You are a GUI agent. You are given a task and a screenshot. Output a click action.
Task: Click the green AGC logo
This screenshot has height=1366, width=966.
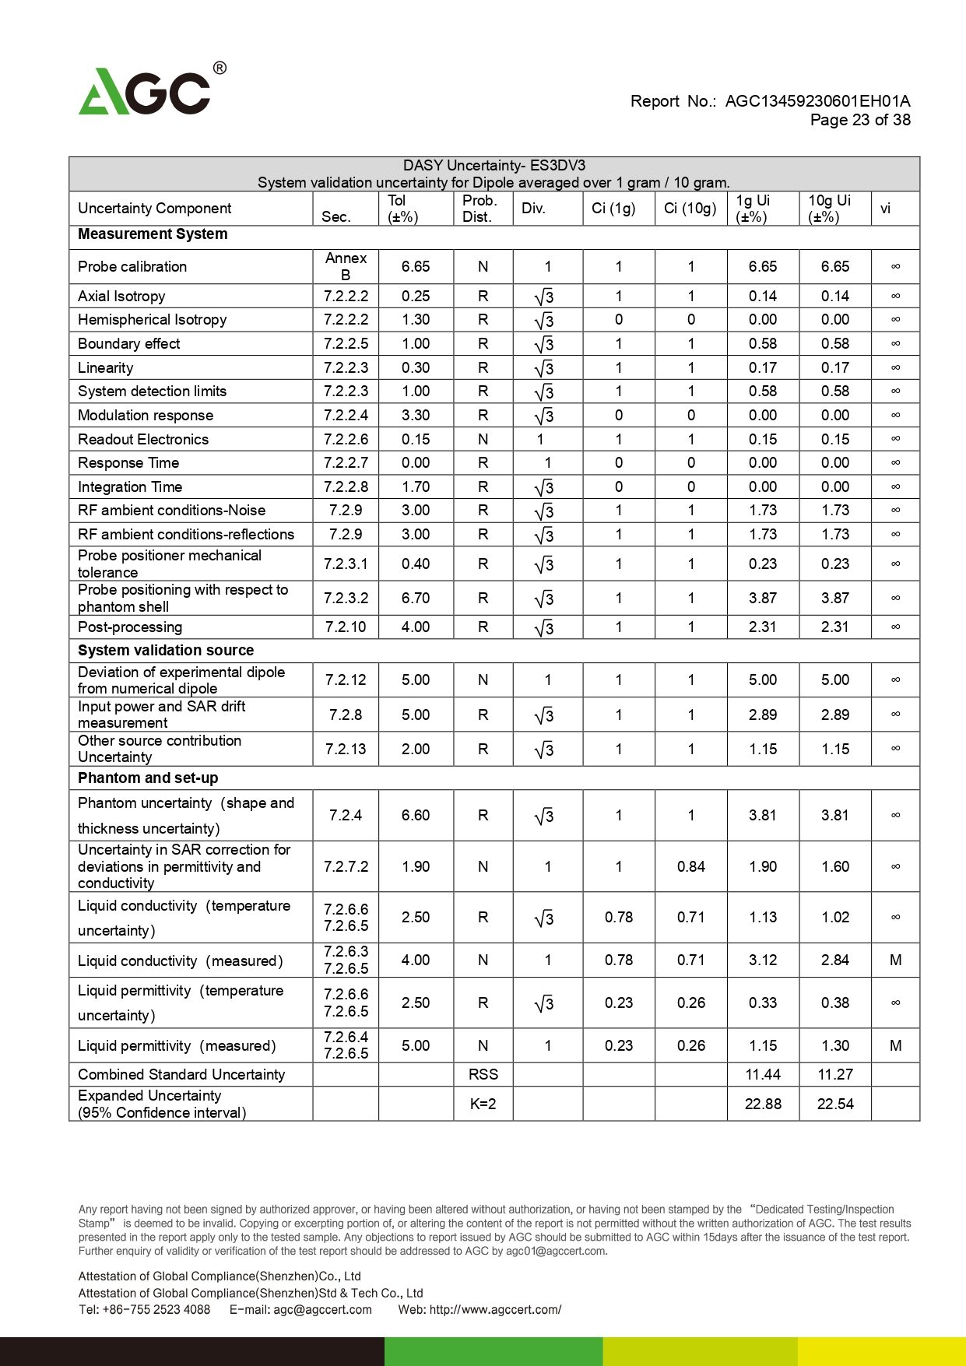point(145,92)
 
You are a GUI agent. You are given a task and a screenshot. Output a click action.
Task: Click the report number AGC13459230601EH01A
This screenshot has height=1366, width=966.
point(817,101)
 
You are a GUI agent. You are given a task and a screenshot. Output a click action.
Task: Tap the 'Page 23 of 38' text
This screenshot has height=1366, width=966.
point(859,120)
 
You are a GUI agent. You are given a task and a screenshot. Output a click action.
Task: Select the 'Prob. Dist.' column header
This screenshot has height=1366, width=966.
point(479,209)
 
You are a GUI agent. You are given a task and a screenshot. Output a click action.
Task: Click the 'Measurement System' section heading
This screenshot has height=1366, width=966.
point(153,234)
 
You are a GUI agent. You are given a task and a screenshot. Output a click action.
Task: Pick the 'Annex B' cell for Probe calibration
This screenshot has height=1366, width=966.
point(346,266)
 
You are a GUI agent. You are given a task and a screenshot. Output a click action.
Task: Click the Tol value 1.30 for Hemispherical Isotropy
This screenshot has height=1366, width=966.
point(416,320)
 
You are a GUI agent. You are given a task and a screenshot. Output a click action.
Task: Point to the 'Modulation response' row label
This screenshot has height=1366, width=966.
point(146,416)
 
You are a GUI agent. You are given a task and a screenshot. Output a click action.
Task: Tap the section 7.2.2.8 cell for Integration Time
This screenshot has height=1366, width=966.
point(346,487)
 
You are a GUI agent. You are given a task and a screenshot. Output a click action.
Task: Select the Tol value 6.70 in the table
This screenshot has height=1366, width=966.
point(416,599)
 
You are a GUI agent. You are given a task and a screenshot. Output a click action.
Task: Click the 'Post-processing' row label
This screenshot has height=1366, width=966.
point(130,627)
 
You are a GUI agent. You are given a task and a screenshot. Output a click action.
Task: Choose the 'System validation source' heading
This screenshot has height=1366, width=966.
point(166,651)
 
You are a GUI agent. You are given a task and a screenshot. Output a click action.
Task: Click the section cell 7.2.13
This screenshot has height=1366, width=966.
point(346,750)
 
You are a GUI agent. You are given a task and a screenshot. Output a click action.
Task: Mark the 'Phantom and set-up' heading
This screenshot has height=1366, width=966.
point(148,778)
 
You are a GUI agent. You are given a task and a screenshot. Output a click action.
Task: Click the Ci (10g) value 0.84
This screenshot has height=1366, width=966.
point(690,867)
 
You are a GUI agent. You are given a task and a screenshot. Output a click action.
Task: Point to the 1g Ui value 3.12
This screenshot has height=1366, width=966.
point(762,960)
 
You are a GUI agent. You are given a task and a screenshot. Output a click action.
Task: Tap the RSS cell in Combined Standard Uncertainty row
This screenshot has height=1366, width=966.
point(483,1075)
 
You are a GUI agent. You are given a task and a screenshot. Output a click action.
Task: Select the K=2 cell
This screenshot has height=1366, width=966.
point(483,1104)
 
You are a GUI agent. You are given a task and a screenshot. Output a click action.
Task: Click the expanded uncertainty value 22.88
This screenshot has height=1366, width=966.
point(762,1104)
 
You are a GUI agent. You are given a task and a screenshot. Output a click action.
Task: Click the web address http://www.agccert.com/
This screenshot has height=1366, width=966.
point(494,1309)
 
